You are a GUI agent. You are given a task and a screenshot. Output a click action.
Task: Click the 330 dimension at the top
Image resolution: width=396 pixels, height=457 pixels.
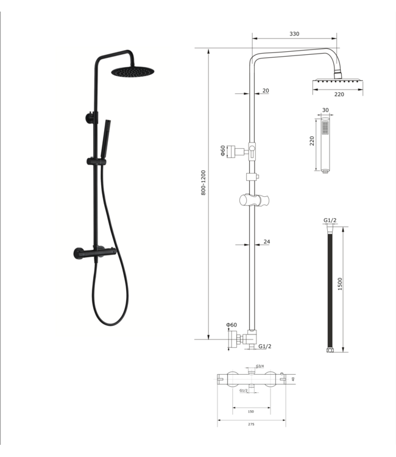(294, 35)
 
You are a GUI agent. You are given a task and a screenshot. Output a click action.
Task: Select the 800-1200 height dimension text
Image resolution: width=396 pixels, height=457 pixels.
(203, 182)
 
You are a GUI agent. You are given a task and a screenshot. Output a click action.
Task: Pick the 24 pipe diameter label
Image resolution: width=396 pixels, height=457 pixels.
(267, 242)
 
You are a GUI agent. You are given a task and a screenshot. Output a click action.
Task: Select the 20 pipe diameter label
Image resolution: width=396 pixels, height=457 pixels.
(266, 90)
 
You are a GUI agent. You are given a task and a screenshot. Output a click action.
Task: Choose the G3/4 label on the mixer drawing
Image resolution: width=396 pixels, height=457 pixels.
(260, 366)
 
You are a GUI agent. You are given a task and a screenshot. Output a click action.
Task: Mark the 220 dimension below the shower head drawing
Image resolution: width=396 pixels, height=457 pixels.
(339, 94)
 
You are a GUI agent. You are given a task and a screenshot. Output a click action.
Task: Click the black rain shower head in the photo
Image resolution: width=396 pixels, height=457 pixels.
(129, 73)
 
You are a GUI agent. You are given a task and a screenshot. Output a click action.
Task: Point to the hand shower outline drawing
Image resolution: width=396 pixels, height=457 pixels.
(325, 146)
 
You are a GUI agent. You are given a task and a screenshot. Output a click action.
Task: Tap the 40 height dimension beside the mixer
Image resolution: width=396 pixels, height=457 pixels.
(293, 378)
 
